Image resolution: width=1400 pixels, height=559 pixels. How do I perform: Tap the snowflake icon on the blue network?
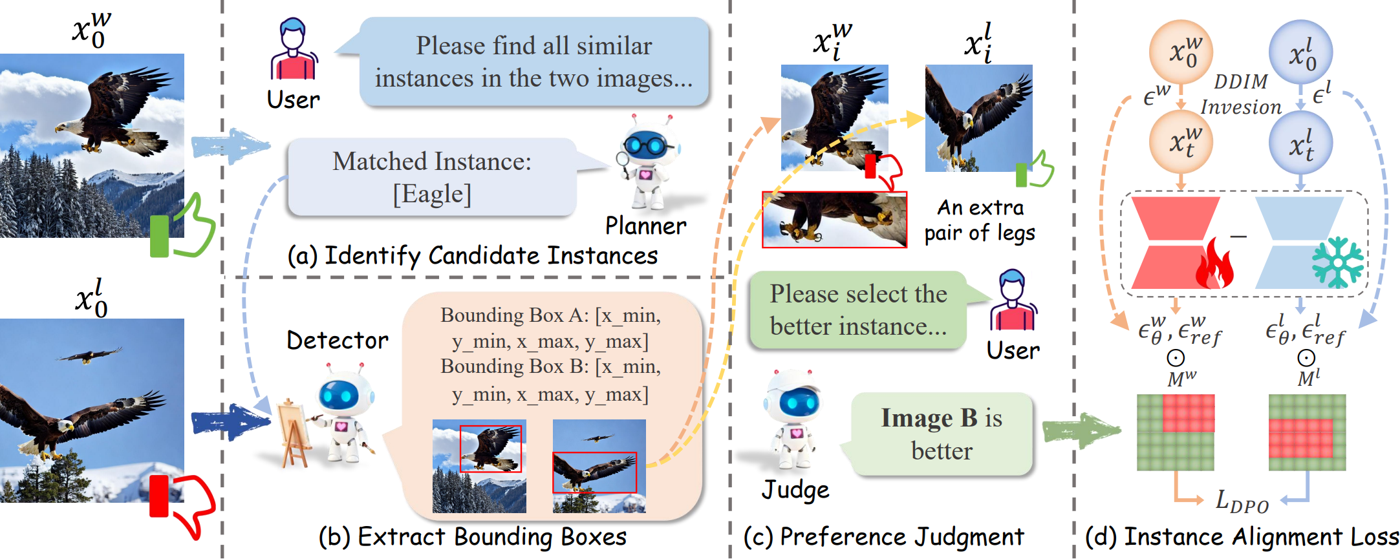[x=1337, y=262]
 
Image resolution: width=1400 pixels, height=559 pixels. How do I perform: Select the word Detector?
[x=338, y=341]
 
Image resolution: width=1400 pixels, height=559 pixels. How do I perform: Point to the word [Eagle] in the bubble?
[x=432, y=194]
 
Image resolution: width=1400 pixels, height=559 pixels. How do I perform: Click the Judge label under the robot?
[x=795, y=490]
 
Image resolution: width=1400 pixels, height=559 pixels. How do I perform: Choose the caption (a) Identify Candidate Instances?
[x=472, y=256]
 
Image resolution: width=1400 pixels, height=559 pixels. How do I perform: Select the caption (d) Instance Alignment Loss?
[x=1242, y=537]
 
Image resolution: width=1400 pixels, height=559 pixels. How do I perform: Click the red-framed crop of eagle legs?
[x=834, y=220]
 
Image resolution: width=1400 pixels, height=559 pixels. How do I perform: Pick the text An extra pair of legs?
[x=980, y=220]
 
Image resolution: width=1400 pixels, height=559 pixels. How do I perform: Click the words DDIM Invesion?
[x=1241, y=94]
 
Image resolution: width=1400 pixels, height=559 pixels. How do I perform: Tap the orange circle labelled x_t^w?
[x=1181, y=142]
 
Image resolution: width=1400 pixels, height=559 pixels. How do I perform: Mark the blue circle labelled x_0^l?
[x=1301, y=52]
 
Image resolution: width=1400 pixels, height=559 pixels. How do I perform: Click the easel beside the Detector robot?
[x=294, y=433]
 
